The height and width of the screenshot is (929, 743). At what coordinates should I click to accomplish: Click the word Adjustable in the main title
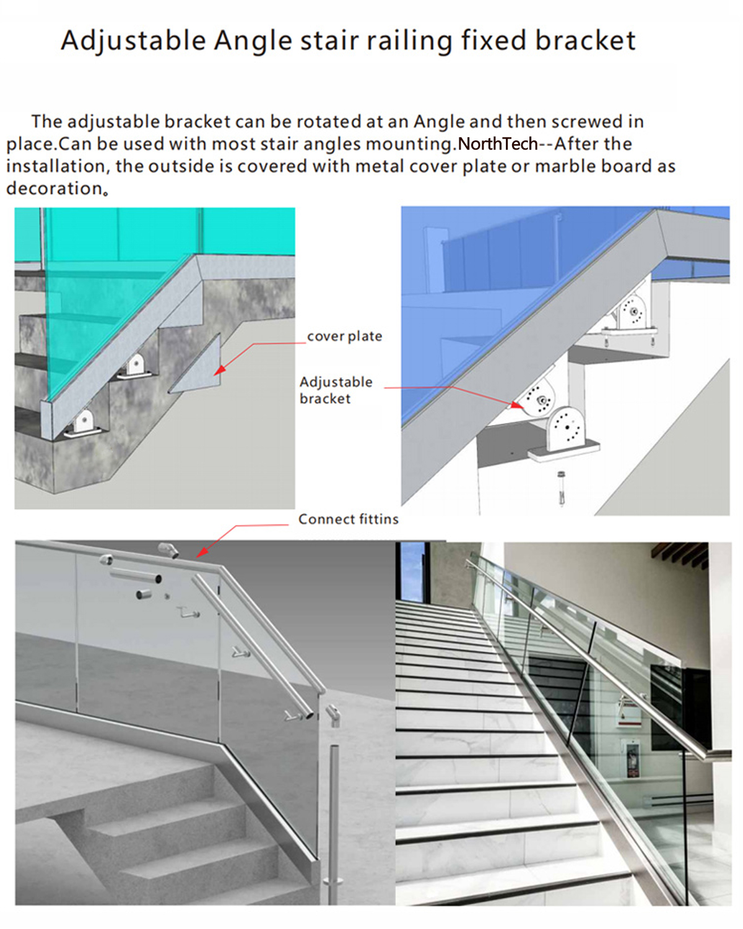point(134,41)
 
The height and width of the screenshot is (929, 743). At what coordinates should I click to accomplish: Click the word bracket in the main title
point(585,40)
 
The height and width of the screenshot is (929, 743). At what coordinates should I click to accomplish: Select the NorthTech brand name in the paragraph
point(497,143)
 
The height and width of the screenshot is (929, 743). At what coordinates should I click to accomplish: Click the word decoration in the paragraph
point(54,188)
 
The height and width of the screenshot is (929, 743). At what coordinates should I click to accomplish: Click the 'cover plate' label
point(344,336)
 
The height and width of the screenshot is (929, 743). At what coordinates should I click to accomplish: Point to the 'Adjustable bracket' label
point(336,390)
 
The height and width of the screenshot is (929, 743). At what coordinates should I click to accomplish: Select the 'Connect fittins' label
point(349,520)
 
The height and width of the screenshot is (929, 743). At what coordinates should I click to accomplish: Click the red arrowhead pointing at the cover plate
point(220,370)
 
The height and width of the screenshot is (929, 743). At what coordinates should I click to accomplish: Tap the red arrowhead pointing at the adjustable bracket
point(516,405)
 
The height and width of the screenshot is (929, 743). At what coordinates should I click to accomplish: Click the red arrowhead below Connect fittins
point(202,552)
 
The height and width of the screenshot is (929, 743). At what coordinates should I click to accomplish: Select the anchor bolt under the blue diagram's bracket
point(561,489)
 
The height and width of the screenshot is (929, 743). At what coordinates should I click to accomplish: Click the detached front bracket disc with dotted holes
point(565,430)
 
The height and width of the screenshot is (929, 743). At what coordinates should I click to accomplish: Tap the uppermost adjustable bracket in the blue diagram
point(632,312)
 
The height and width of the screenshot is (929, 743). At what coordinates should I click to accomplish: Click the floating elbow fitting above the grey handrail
point(168,549)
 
